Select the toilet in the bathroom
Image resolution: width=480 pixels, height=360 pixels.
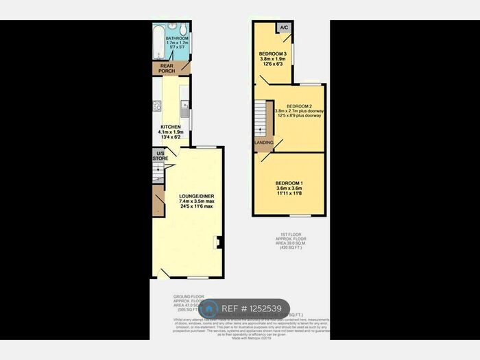[x=182, y=29]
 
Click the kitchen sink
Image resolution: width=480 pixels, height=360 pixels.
[x=184, y=107]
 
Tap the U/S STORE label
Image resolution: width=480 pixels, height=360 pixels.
[x=159, y=156]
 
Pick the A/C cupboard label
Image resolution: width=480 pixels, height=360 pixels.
[x=283, y=28]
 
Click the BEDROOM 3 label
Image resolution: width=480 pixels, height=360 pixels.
[x=272, y=53]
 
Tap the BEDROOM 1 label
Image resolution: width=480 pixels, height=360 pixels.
[x=289, y=183]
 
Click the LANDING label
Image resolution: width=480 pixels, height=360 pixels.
[x=263, y=143]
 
